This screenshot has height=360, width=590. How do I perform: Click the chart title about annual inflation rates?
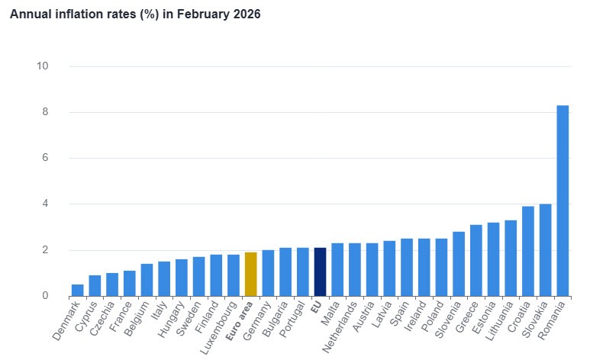click(x=135, y=14)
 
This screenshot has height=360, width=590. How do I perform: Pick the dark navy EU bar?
click(x=320, y=272)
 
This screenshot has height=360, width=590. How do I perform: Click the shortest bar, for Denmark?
click(x=78, y=290)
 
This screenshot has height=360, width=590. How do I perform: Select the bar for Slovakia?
click(x=545, y=249)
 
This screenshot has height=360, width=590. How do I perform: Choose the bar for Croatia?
click(x=527, y=251)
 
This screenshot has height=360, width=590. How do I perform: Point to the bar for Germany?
click(x=268, y=273)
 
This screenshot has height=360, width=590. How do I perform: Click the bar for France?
click(x=130, y=283)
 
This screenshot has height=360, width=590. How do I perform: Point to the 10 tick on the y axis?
click(x=43, y=66)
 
